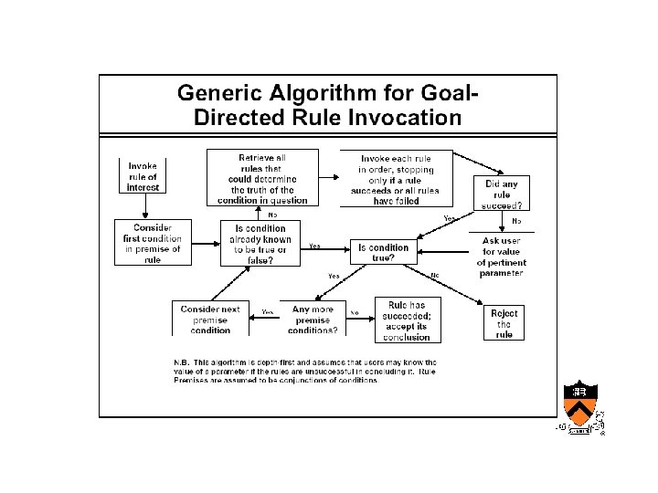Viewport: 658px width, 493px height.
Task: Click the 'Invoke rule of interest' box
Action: (x=143, y=176)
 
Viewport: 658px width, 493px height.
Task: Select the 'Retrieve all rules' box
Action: (x=262, y=178)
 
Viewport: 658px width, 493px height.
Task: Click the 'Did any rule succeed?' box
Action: (x=502, y=194)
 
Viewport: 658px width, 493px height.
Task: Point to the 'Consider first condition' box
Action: (x=152, y=243)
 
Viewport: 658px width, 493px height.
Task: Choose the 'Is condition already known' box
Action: (x=259, y=244)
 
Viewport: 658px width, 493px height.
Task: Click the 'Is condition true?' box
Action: (x=383, y=253)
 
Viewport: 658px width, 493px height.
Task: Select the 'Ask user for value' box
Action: (x=501, y=257)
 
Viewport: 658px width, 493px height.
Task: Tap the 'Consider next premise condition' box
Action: (x=210, y=320)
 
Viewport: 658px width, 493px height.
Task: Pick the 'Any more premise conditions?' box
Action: (x=313, y=320)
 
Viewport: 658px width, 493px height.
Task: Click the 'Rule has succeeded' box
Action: (x=407, y=320)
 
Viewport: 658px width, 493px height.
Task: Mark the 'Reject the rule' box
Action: (x=504, y=323)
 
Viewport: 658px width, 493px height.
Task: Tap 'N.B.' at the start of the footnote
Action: (x=182, y=362)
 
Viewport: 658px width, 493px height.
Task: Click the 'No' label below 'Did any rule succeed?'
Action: (x=516, y=220)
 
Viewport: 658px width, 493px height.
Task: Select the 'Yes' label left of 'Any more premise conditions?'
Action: (x=268, y=312)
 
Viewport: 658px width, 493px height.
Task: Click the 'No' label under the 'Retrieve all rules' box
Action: (x=272, y=215)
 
